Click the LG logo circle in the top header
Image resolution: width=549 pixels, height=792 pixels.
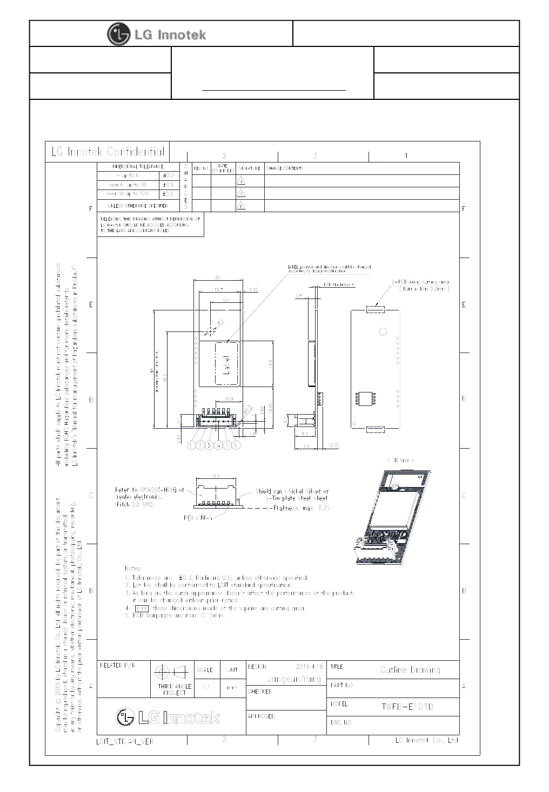coord(119,34)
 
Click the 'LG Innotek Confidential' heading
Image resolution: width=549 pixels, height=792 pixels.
coord(108,152)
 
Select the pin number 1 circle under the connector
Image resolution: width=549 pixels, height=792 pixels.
coord(191,445)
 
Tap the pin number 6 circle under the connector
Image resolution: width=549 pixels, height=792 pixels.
coord(236,445)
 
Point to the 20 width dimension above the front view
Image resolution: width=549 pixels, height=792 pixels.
coord(217,277)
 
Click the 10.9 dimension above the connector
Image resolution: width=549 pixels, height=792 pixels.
coord(229,399)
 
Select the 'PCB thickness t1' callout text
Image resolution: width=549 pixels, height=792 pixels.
coord(339,285)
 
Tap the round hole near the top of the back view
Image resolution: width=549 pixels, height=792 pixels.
coord(383,331)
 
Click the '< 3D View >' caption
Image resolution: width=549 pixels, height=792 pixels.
coord(400,461)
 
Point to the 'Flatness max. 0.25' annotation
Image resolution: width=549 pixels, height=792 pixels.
coord(302,508)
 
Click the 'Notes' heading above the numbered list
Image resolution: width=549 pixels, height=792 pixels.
coord(132,568)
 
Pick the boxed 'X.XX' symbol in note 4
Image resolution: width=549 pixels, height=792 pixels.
coord(142,608)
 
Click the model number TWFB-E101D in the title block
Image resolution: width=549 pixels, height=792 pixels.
coord(407,706)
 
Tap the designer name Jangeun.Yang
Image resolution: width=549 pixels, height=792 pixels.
coord(294,679)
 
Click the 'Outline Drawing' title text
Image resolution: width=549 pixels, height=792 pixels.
coord(410,670)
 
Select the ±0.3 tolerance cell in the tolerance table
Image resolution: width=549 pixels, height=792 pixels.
coord(168,175)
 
